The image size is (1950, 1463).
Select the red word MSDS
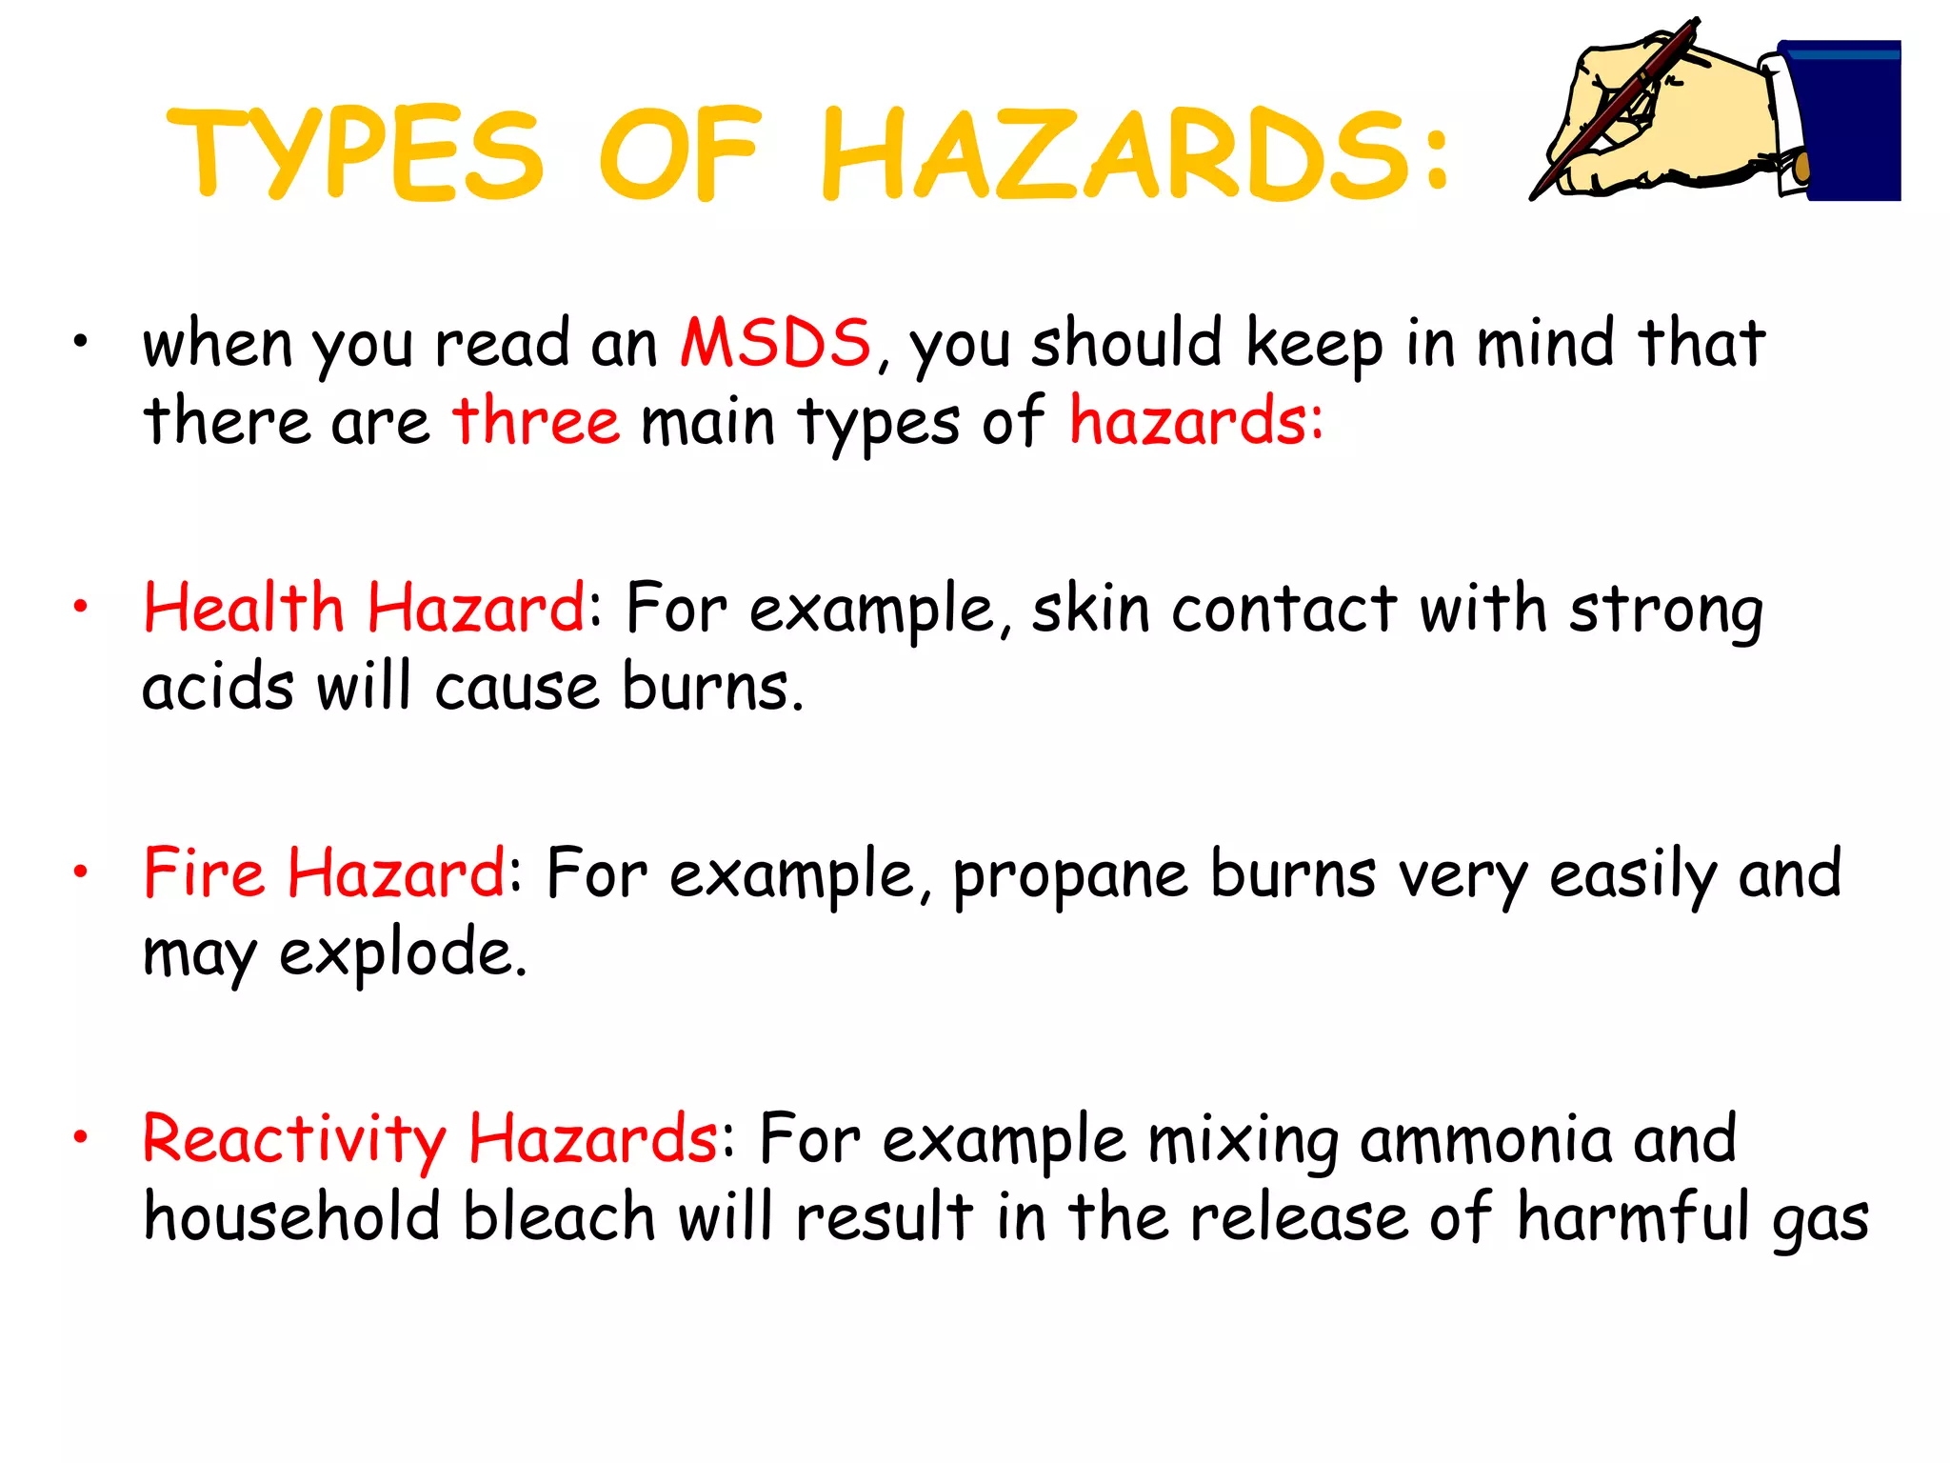click(775, 343)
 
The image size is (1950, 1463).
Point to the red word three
click(536, 421)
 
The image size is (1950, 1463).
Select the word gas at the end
click(1820, 1222)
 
